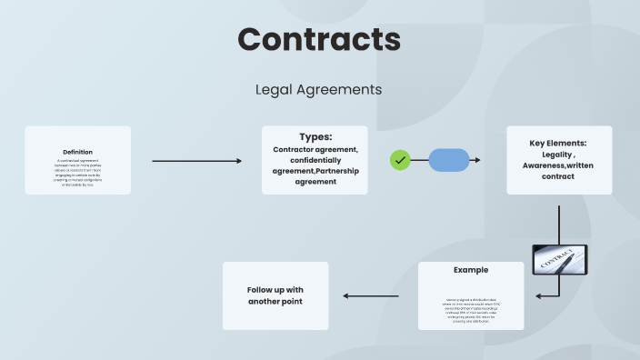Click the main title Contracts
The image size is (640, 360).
coord(319,39)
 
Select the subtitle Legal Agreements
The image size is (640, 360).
coord(319,90)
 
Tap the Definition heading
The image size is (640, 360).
coord(77,152)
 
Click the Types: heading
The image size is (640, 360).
coord(315,136)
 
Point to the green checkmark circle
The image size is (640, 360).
coord(400,160)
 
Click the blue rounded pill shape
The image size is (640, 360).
coord(448,160)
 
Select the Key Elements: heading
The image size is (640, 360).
coord(558,143)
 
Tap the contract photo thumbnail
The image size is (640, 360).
coord(559,259)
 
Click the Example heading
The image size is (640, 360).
coord(471,270)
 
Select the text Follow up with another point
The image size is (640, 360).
coord(275,295)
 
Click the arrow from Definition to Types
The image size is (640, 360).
coord(196,161)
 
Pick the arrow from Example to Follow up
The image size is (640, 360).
coord(376,295)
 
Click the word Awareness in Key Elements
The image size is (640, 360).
coord(549,165)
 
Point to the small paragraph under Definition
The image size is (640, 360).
coord(77,172)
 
